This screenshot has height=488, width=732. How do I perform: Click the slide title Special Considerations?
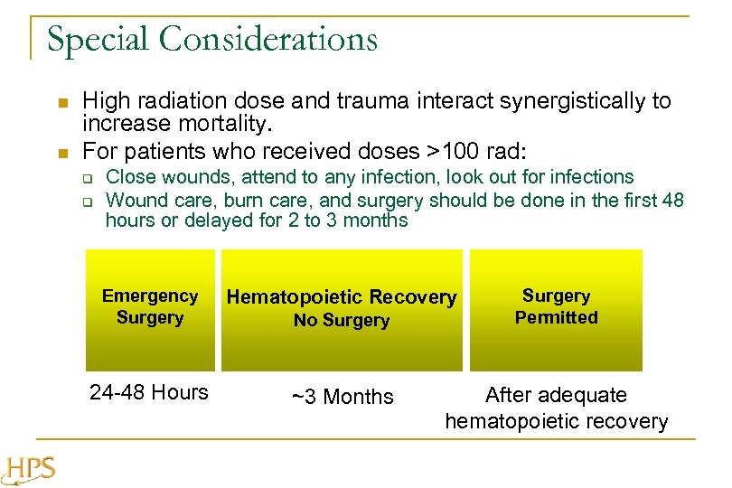(212, 40)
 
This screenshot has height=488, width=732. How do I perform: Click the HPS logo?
(30, 469)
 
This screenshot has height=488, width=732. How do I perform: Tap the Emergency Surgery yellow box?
(150, 308)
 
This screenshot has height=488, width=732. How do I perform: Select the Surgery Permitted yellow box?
(556, 308)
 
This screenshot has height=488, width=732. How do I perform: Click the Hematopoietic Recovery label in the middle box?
(341, 297)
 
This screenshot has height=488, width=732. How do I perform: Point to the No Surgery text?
(341, 321)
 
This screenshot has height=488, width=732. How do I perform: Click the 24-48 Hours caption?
(149, 392)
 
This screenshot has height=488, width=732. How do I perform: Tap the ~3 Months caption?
(342, 397)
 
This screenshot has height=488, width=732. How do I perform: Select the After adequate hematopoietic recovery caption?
(556, 408)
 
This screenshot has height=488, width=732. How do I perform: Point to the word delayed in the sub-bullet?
(215, 221)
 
